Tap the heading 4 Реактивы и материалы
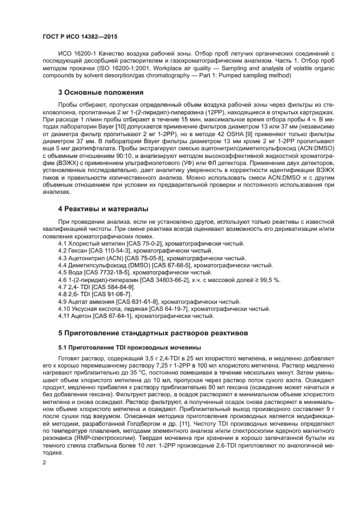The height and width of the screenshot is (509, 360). click(103, 209)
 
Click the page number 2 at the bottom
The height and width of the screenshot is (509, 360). click(44, 462)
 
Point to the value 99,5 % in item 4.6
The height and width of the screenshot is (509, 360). click(268, 279)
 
